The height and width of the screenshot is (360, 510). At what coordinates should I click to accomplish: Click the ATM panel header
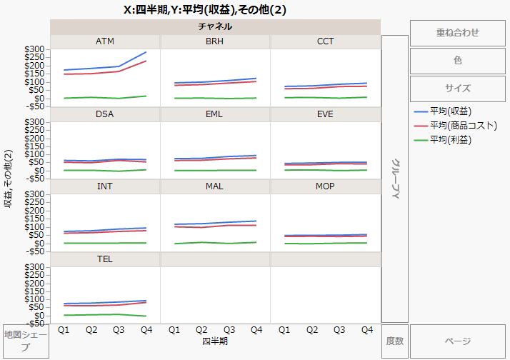coord(105,41)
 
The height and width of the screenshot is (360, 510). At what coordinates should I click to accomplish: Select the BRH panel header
coord(215,41)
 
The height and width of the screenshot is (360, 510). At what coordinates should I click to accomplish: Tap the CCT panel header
coord(325,41)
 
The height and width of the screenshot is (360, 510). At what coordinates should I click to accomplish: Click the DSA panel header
coord(105,114)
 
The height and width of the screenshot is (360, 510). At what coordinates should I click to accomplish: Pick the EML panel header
coord(215,114)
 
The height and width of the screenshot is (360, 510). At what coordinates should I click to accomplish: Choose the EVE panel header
coord(325,114)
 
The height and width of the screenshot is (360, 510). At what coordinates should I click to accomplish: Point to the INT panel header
coord(105,186)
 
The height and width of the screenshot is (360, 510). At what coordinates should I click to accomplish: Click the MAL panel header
coord(215,186)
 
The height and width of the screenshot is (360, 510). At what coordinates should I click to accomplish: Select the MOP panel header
coord(325,186)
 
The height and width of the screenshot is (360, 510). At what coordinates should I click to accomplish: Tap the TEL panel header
coord(105,258)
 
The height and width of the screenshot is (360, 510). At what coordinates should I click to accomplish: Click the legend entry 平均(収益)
coord(451,111)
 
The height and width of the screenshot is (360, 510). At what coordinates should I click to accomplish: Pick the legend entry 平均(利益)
coord(451,139)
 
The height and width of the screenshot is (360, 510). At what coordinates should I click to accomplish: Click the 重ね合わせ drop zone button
coord(457,32)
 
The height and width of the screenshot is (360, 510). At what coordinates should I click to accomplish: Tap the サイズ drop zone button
coord(457,89)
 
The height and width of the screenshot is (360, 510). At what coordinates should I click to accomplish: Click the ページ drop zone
coord(457,341)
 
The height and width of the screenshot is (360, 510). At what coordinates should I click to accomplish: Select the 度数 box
coord(395,341)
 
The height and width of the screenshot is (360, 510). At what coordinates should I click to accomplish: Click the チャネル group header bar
coord(215,26)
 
